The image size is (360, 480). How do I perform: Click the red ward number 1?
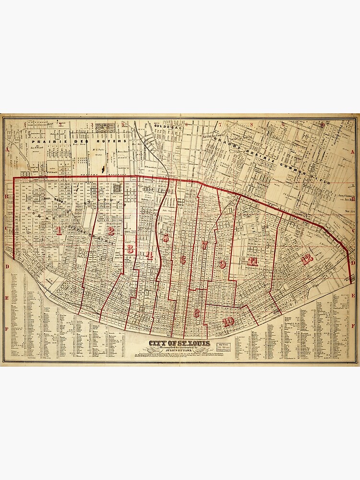tap(59, 230)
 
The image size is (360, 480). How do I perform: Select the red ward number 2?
tap(111, 231)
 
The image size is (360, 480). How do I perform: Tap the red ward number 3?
tap(130, 249)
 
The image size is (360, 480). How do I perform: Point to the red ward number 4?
tap(149, 255)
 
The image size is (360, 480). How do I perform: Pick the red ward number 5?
tap(166, 238)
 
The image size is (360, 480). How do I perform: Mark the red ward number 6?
tap(182, 260)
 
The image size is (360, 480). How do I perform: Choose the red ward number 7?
tap(204, 245)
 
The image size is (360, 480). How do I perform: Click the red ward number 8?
tap(196, 313)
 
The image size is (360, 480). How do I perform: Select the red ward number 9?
tap(222, 264)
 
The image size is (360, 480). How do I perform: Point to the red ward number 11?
tap(252, 262)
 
